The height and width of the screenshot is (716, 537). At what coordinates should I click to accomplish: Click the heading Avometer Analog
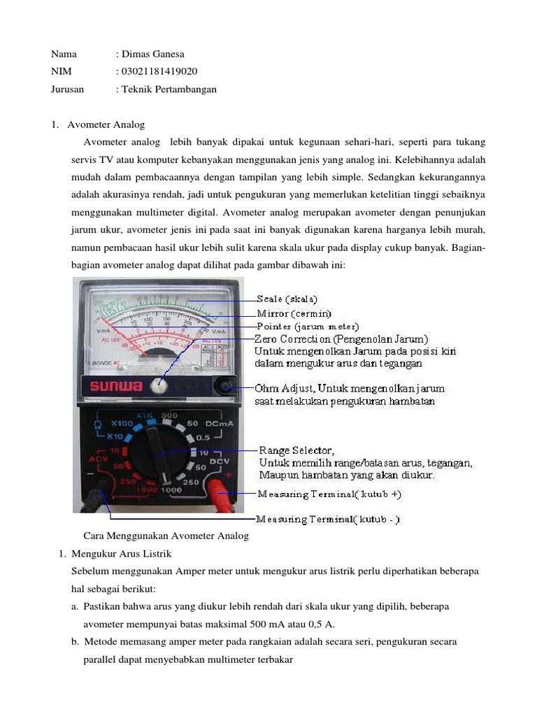pyautogui.click(x=106, y=124)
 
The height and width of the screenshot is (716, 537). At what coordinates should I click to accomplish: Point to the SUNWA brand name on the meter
pyautogui.click(x=115, y=385)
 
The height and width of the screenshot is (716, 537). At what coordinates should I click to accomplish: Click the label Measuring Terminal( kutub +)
pyautogui.click(x=329, y=495)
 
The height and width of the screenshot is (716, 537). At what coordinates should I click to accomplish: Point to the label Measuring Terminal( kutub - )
pyautogui.click(x=328, y=520)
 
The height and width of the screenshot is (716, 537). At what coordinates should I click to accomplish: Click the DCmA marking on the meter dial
pyautogui.click(x=221, y=424)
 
